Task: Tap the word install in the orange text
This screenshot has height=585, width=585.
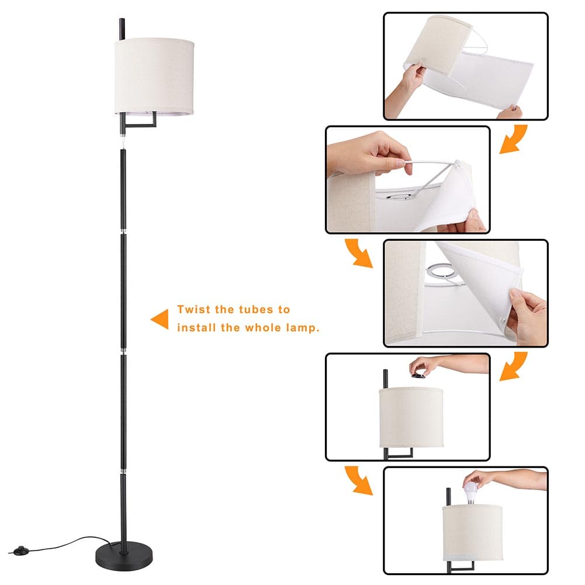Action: coord(196,328)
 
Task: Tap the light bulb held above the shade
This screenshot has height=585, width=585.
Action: coord(472,491)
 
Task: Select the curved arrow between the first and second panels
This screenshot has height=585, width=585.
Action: coord(513,139)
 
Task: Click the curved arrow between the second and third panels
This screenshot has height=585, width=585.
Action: coord(359,253)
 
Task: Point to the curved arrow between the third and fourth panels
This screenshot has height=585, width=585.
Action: coord(513,366)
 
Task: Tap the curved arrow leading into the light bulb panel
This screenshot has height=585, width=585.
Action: coord(359,480)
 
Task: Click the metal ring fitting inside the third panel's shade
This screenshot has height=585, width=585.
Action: coord(441,271)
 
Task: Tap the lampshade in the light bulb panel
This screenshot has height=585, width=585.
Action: coord(472,532)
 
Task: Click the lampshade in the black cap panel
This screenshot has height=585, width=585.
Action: coord(411,417)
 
